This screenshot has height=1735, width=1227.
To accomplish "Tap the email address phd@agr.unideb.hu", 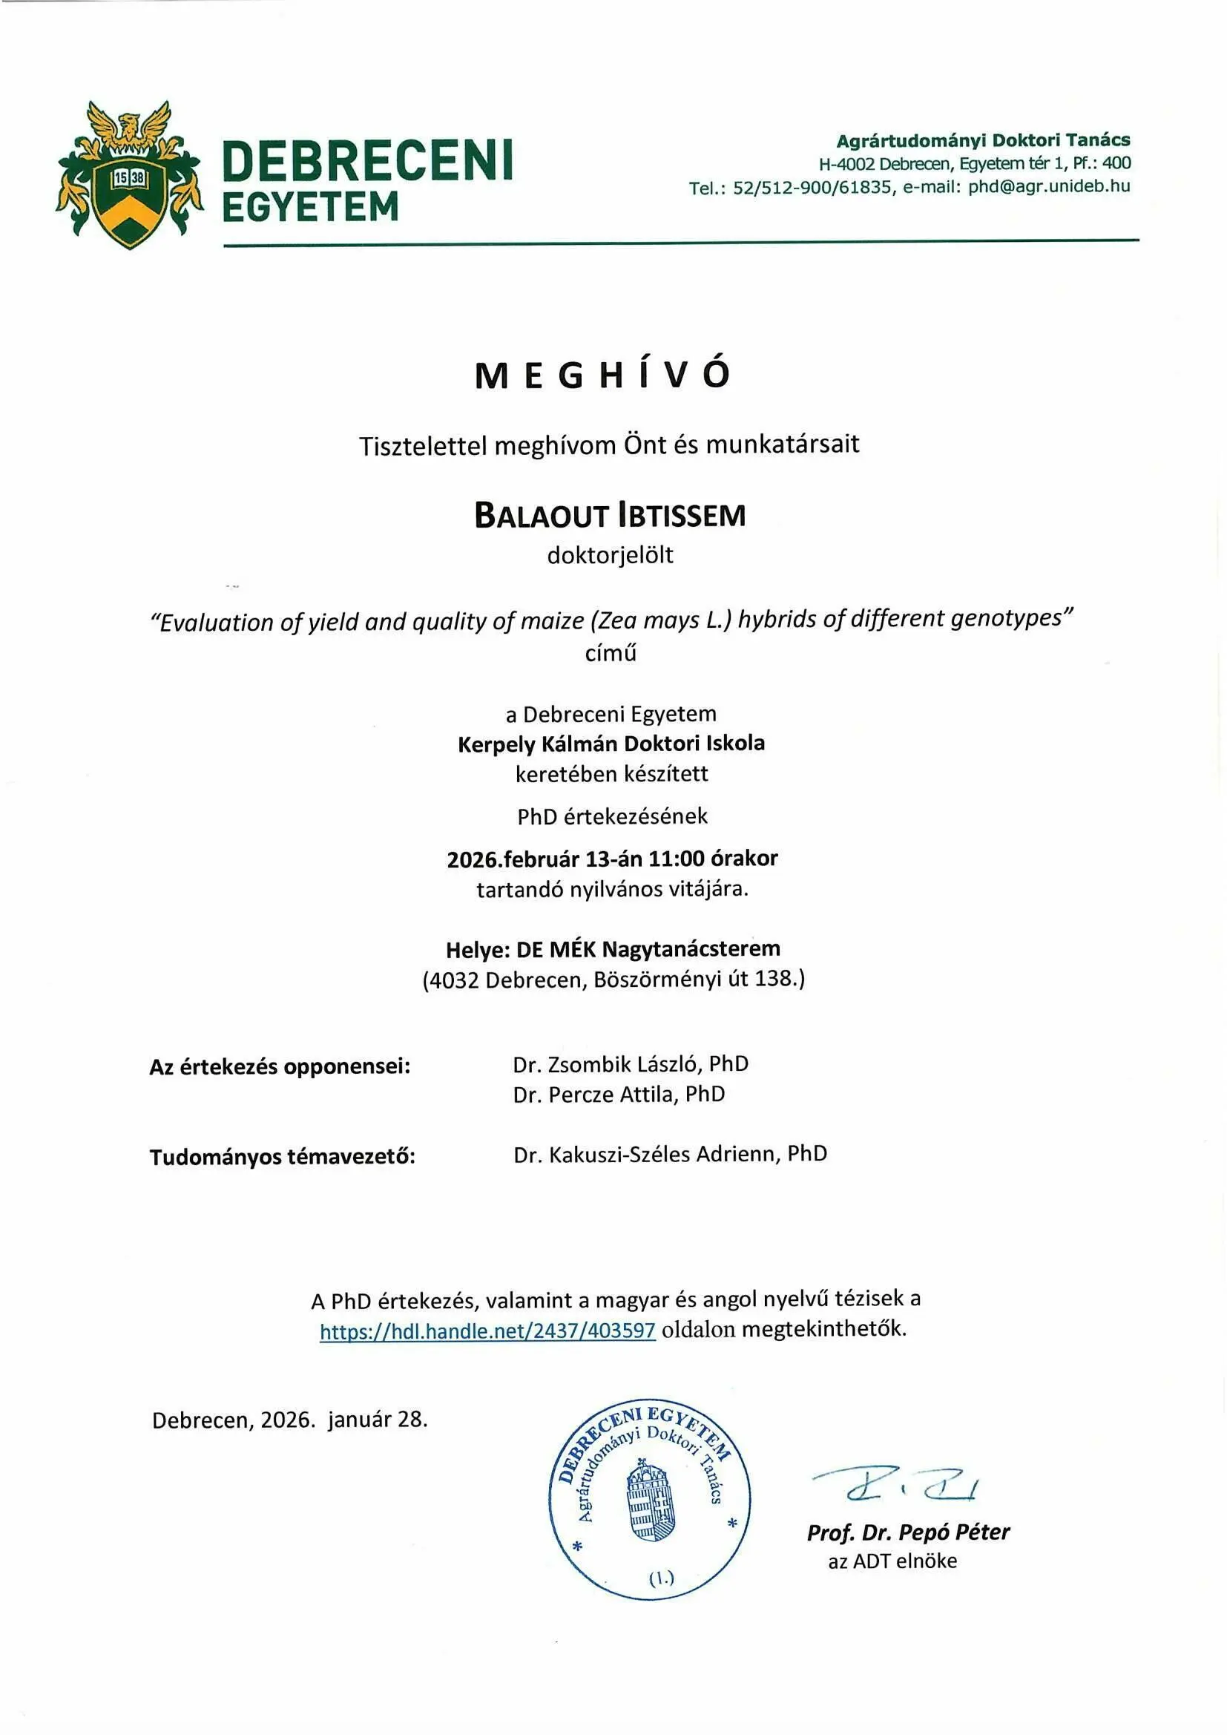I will point(1049,187).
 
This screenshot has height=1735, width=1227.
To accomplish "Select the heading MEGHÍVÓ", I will point(603,375).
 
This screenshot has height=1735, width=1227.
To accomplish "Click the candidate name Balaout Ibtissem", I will point(610,516).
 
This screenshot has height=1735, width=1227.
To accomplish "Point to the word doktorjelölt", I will point(610,555).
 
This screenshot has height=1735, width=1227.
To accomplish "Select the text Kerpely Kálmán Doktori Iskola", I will point(611,744).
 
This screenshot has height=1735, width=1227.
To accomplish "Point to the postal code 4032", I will point(453,980).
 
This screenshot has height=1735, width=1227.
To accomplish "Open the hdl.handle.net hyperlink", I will point(487,1331).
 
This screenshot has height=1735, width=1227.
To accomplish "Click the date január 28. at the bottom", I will point(378,1420).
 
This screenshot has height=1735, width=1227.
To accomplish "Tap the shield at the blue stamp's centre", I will point(650,1503).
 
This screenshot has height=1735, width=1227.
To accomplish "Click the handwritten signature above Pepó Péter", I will point(895,1486).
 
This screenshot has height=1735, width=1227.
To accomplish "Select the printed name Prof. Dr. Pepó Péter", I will point(908,1532).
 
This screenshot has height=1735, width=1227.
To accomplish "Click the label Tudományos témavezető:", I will point(282,1157).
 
